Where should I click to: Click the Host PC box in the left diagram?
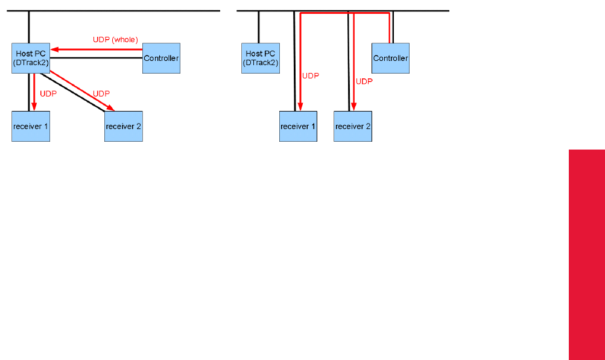[x=31, y=58]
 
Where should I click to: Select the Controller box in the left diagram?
[x=161, y=58]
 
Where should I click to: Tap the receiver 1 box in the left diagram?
[x=31, y=126]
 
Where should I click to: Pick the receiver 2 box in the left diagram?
[x=124, y=126]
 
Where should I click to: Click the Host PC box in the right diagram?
[x=261, y=58]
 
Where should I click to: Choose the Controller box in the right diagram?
[x=390, y=58]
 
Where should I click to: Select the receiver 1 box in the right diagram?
[x=298, y=126]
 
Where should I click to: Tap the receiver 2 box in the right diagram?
[x=353, y=126]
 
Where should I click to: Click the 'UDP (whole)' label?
[x=116, y=39]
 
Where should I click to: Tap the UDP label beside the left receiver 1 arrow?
[x=48, y=93]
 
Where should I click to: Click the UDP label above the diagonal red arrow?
[x=101, y=93]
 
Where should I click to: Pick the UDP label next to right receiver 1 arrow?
[x=310, y=75]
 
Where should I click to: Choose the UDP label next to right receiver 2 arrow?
[x=364, y=81]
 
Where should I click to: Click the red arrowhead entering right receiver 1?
[x=300, y=106]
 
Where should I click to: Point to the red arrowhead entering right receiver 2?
[x=354, y=106]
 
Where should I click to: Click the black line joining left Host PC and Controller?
[x=96, y=58]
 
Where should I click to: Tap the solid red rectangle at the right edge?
[x=586, y=253]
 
